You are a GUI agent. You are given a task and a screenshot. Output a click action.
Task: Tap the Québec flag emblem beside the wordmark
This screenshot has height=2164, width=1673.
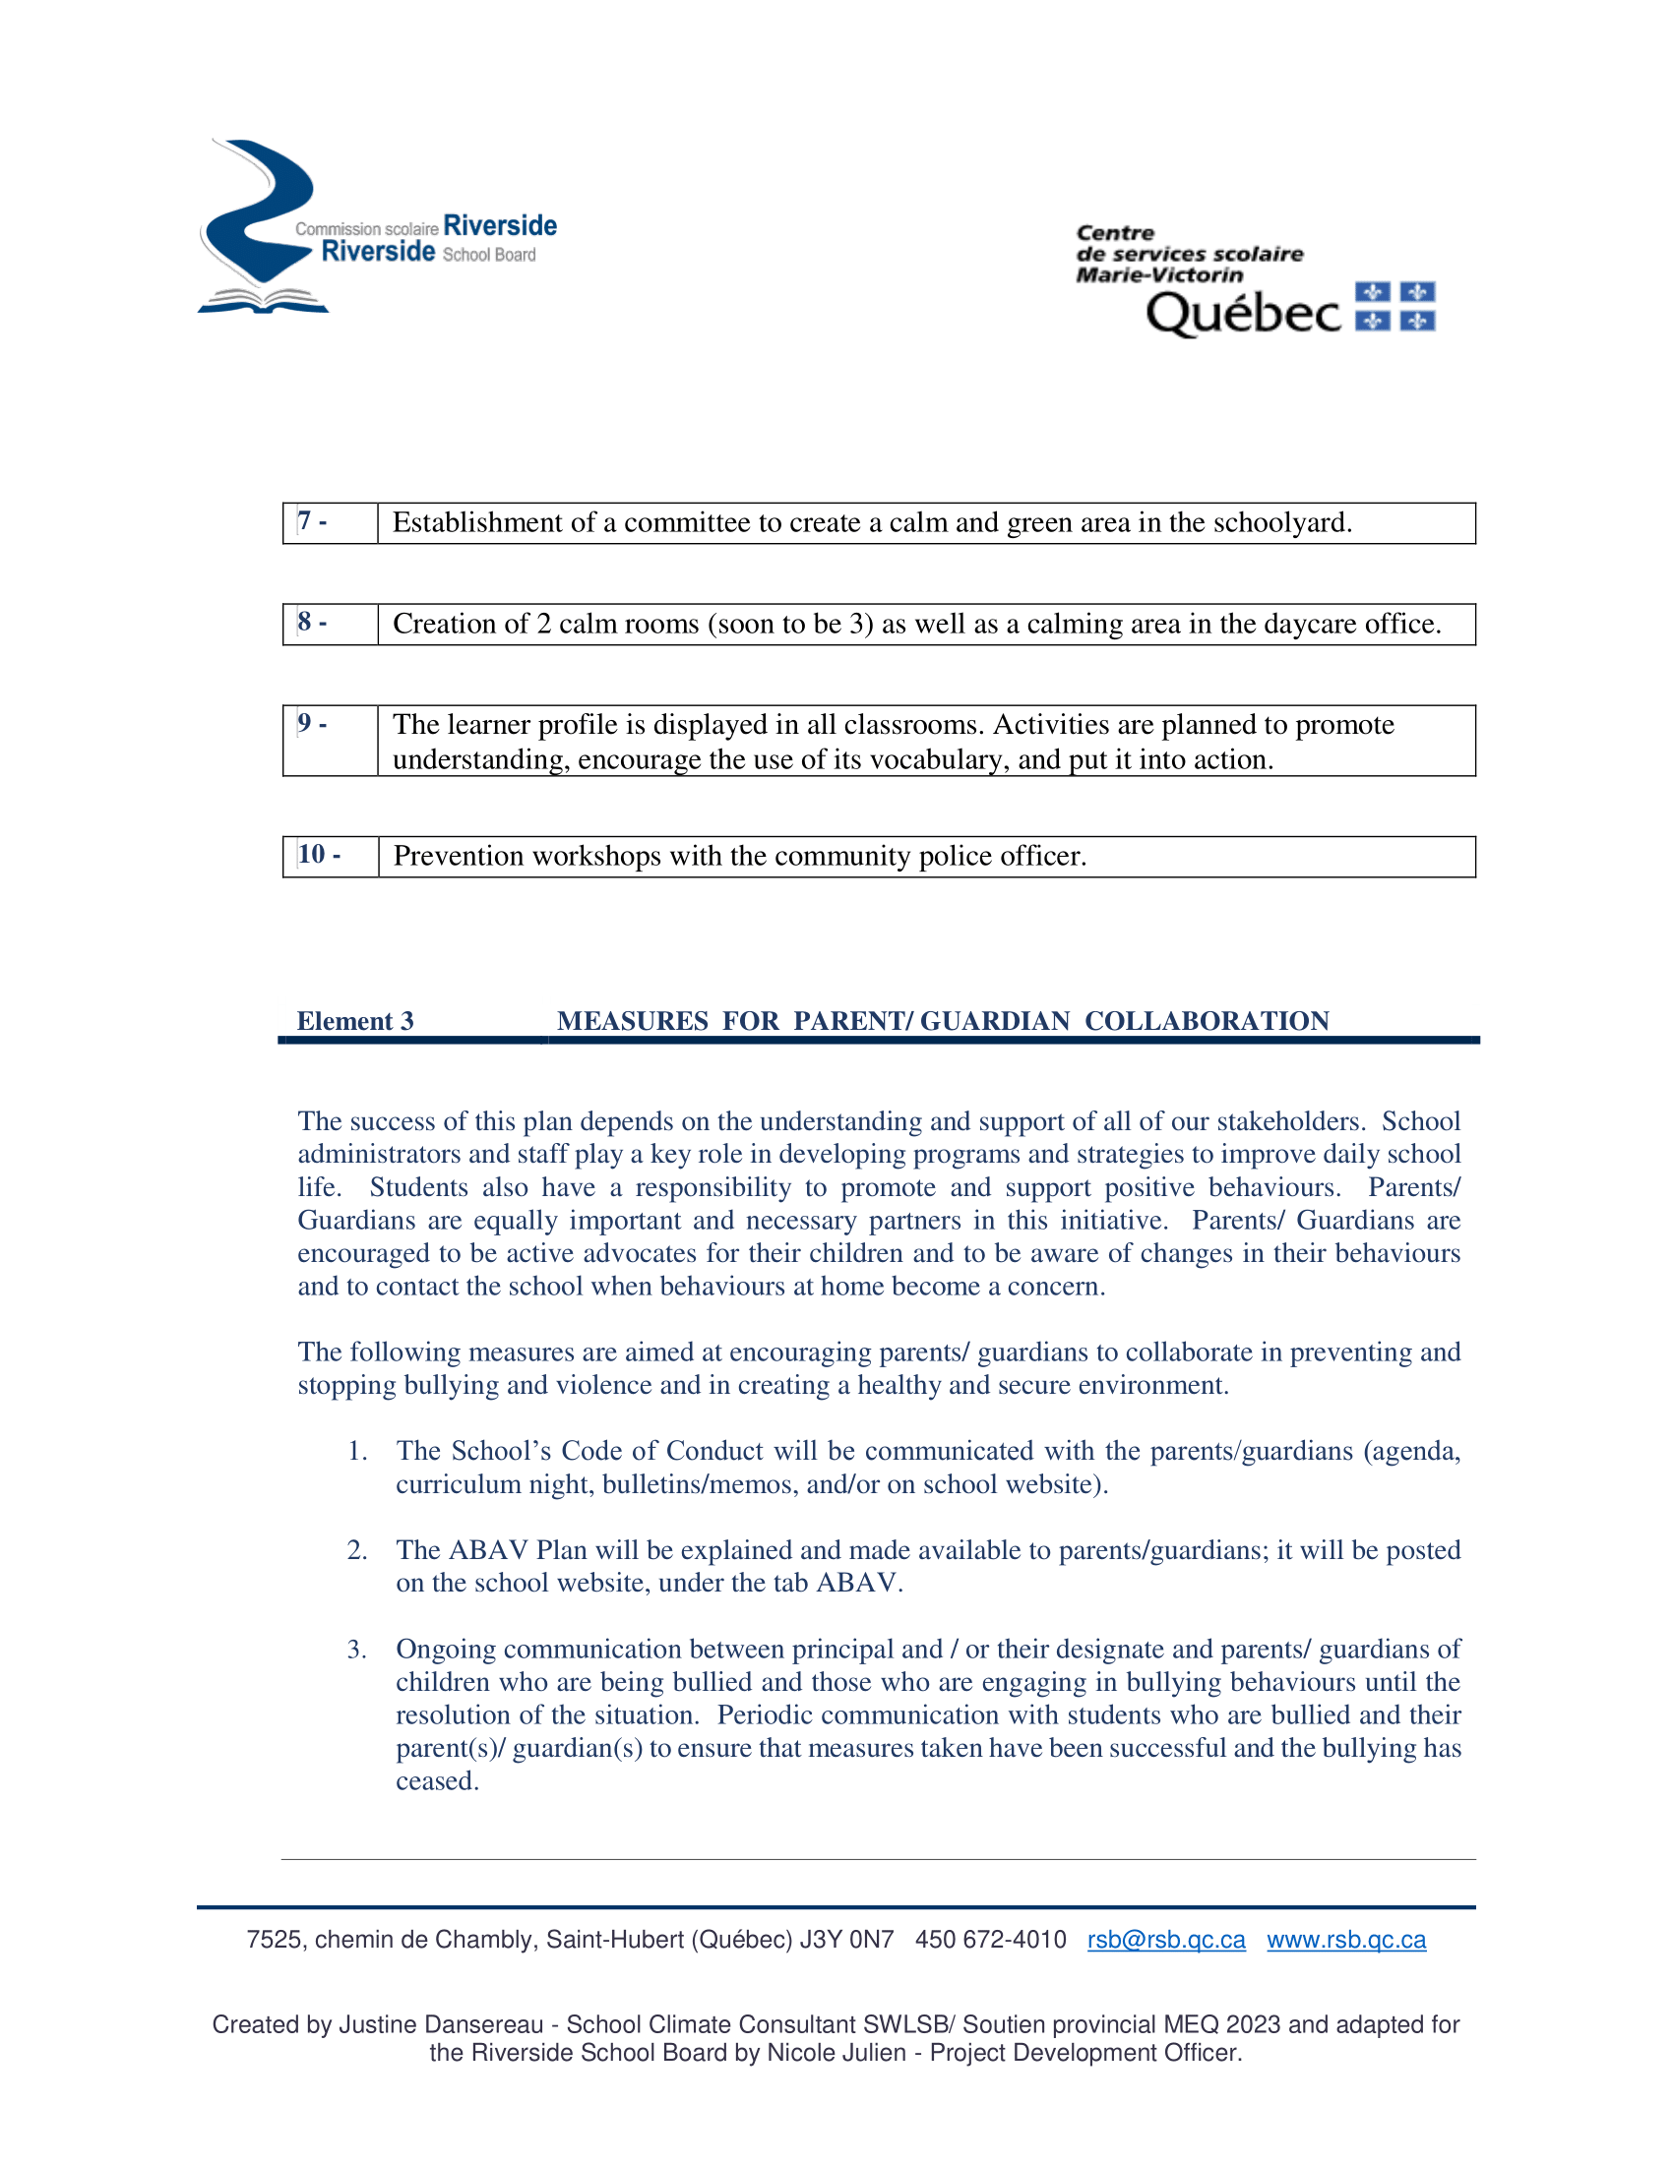(1394, 306)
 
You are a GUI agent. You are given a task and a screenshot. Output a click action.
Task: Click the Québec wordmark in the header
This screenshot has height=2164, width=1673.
(1243, 314)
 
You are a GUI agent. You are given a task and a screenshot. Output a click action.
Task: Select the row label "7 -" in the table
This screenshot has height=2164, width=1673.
(312, 521)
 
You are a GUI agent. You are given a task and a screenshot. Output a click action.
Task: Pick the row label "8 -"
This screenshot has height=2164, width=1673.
(312, 623)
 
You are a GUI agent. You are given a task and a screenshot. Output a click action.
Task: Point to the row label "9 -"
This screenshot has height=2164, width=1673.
(312, 723)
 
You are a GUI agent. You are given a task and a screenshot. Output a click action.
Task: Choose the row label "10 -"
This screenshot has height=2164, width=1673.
(319, 854)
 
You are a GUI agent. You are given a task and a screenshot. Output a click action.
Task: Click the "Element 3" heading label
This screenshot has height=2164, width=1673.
(355, 1021)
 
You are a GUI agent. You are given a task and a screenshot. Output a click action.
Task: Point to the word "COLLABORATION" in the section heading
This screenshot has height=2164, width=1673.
(1207, 1021)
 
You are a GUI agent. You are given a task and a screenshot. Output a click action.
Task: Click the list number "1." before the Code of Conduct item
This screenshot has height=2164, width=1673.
(357, 1452)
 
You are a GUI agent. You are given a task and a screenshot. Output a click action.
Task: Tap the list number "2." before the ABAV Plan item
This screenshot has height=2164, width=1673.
(357, 1550)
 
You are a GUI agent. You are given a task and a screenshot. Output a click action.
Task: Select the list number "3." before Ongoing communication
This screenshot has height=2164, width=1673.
(357, 1650)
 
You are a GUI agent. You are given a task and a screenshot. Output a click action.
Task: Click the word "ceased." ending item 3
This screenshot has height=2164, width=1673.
(437, 1781)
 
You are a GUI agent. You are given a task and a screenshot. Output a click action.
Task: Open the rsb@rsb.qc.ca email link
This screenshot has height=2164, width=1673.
(1165, 1940)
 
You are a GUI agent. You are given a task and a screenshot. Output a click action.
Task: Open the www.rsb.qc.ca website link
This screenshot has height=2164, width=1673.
(1346, 1940)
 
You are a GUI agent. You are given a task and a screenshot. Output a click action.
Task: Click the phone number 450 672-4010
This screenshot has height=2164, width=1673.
(990, 1940)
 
